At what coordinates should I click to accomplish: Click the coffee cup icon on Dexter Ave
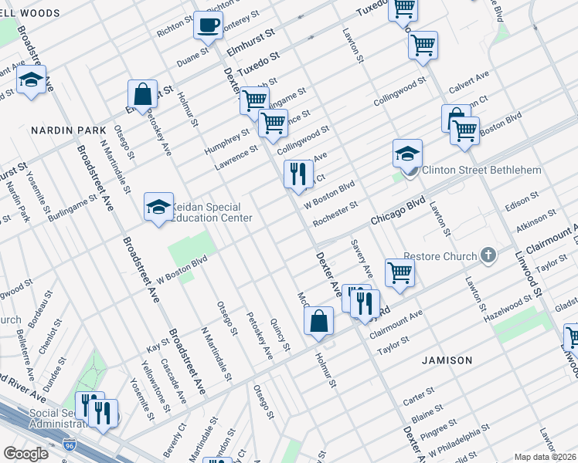click(x=207, y=25)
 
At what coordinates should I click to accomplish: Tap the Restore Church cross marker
click(x=487, y=255)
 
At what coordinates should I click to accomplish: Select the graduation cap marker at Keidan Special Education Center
click(x=158, y=207)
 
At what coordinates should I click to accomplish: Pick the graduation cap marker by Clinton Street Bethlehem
click(x=407, y=153)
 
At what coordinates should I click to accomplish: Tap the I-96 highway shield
click(x=70, y=445)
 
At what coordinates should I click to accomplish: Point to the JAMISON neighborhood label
click(x=447, y=360)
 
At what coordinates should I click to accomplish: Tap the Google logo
click(x=25, y=454)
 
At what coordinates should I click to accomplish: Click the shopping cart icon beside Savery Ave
click(x=399, y=272)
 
